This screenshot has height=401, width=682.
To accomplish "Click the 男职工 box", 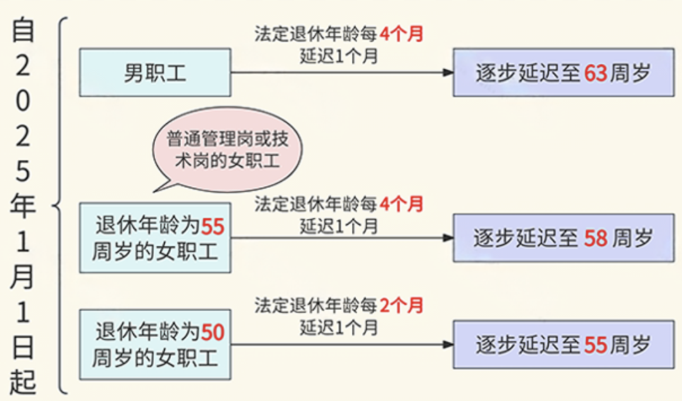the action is click(155, 72).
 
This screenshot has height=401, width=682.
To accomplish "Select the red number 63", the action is click(595, 73).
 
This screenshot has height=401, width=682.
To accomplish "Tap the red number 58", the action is click(595, 238).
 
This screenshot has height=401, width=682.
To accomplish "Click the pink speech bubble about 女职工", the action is click(227, 150).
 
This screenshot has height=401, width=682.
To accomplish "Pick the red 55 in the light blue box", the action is click(213, 226).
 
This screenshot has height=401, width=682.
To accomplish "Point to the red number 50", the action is click(213, 333).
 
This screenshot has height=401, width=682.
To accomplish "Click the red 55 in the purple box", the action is click(595, 345).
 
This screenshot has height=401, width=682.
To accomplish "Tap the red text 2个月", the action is click(402, 305).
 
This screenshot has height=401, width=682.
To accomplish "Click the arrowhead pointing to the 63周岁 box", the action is click(448, 72).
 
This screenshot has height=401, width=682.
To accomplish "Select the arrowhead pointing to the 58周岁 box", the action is click(448, 238).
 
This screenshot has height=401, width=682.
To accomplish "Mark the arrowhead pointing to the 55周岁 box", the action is click(448, 345).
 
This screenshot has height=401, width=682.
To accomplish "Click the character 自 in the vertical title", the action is click(23, 30).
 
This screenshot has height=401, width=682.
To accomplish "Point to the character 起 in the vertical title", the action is click(23, 382).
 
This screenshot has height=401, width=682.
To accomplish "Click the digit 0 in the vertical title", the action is click(23, 101).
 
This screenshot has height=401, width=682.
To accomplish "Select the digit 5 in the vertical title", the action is click(23, 171).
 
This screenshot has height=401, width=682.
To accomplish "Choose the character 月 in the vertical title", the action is click(23, 277).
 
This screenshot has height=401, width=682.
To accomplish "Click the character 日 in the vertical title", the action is click(23, 347).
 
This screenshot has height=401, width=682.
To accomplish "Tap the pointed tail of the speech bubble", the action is click(154, 191).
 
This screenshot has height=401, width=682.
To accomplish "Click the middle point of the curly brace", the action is click(53, 205).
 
